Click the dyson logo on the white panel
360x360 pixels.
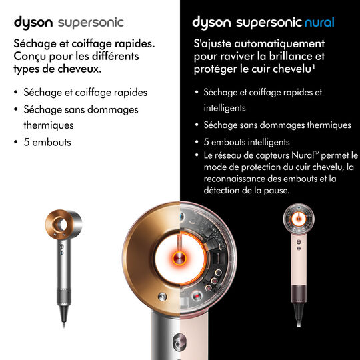click(x=33, y=23)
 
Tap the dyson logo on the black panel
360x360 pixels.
click(x=211, y=23)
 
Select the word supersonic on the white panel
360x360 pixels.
click(x=90, y=23)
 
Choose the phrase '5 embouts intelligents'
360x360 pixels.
click(x=246, y=142)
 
